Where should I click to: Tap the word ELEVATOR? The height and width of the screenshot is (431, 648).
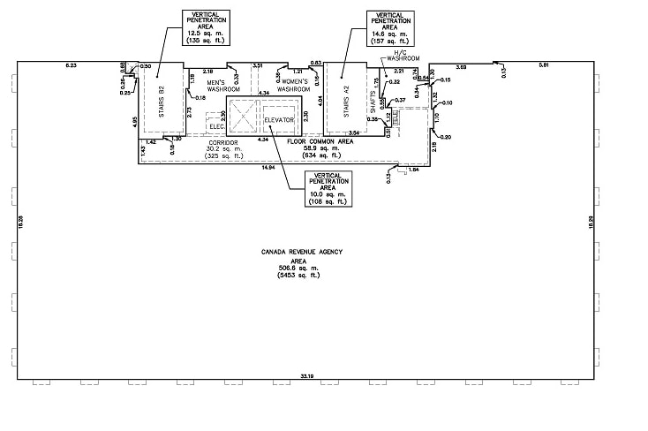tap(283, 119)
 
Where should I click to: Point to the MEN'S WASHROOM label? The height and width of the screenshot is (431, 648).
tap(224, 87)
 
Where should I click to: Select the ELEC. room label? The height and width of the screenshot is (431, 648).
tap(217, 126)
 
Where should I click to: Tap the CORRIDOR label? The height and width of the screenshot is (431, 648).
tap(224, 142)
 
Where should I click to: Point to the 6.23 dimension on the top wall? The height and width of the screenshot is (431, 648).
tap(72, 66)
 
